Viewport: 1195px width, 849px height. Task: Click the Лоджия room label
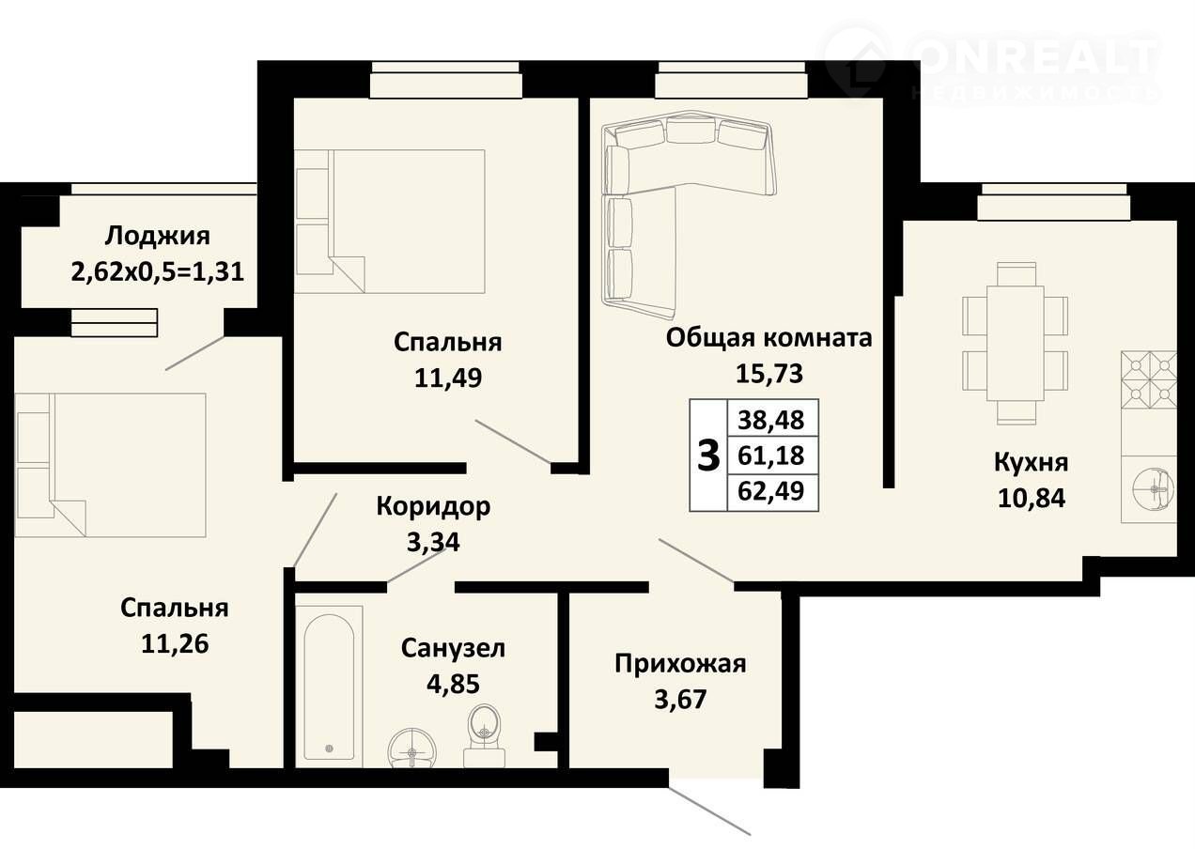click(158, 237)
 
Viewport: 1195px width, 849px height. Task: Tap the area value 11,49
click(448, 378)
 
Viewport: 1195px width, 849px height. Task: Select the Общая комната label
click(768, 338)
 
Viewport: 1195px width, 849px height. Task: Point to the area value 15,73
click(768, 373)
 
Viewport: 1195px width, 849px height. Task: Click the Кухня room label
click(1032, 462)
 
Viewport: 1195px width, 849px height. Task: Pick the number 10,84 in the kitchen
click(1032, 498)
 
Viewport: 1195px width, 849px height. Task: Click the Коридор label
click(433, 506)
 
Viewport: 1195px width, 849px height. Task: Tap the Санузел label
click(453, 648)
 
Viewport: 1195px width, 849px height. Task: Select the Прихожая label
click(680, 665)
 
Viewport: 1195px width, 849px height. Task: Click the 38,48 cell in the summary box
click(771, 420)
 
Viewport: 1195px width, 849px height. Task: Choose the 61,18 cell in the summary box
click(771, 455)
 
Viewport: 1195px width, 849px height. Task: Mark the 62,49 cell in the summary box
click(771, 490)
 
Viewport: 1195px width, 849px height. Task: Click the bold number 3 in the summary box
click(708, 456)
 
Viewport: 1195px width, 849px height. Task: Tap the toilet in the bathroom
click(485, 736)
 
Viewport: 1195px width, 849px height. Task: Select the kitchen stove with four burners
click(1149, 378)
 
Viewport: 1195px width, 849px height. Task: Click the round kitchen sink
click(1155, 489)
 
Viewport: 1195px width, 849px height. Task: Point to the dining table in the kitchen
click(1016, 344)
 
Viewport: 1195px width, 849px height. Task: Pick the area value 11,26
click(175, 643)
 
